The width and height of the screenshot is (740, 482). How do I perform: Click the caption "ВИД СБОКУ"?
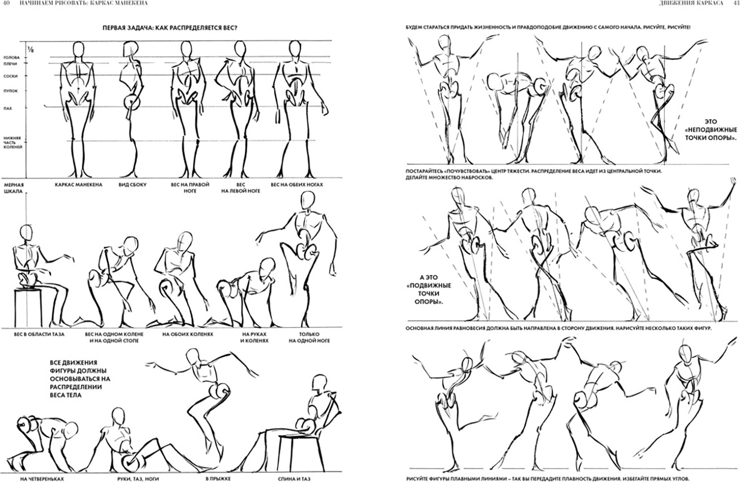[132, 185]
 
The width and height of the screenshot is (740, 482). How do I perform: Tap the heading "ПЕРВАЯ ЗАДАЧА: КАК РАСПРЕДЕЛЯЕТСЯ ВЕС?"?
[170, 28]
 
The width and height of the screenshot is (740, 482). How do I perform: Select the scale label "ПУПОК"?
[10, 91]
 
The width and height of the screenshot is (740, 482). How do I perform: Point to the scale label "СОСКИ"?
[10, 76]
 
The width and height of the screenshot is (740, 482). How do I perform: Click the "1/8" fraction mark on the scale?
[31, 50]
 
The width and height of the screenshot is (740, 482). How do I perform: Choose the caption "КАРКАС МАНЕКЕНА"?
[78, 185]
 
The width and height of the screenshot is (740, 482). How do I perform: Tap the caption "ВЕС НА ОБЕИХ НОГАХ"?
[297, 185]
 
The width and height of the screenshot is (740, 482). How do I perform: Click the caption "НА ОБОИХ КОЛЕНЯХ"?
[188, 334]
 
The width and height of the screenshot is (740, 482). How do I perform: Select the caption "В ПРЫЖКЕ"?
[218, 479]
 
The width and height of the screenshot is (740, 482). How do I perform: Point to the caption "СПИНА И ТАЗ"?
[294, 479]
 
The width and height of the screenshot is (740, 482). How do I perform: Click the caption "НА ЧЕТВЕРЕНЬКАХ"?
[42, 479]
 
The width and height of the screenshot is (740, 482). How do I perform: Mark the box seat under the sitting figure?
[28, 308]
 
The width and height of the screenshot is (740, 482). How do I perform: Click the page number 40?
[6, 3]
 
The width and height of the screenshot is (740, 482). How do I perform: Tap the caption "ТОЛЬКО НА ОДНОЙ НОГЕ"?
[309, 338]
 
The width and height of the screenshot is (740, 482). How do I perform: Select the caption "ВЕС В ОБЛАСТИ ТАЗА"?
[39, 334]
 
